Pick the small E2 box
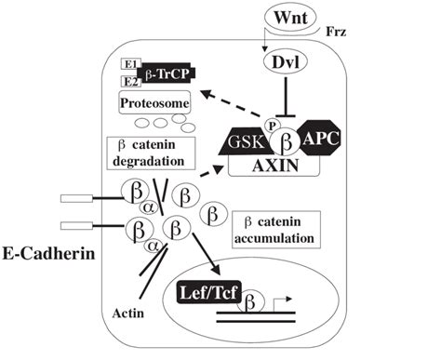tap(131, 82)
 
